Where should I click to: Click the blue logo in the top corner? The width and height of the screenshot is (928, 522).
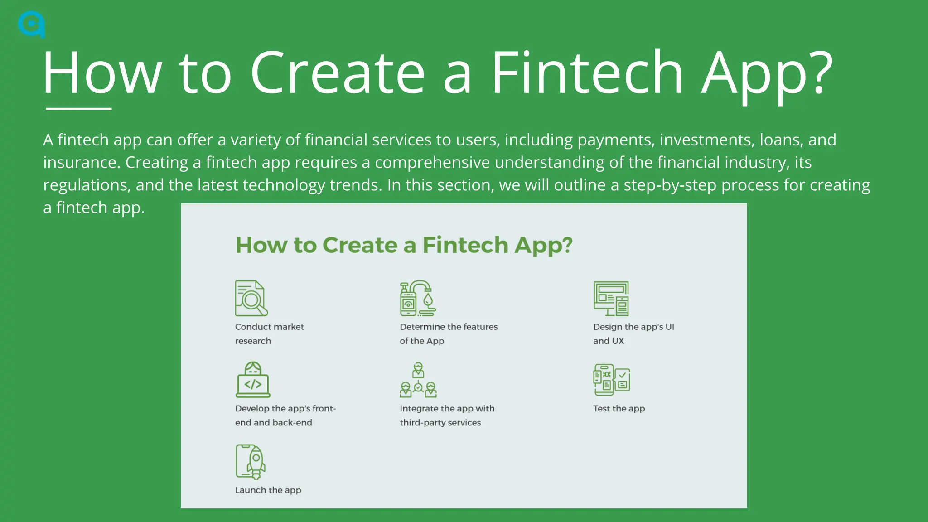click(31, 24)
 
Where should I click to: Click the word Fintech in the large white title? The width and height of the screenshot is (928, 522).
click(587, 73)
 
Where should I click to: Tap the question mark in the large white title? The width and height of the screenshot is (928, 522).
click(819, 73)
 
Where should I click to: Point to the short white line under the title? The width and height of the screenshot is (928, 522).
click(78, 109)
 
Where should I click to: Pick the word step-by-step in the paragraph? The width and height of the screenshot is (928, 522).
click(670, 185)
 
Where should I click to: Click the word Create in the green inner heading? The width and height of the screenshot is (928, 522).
click(361, 245)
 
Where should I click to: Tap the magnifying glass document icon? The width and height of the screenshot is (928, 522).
click(251, 298)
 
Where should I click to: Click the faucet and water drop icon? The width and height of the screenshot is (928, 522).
click(418, 298)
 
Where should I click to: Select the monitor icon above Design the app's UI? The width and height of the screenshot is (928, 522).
click(611, 298)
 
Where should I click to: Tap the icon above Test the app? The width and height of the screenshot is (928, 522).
click(611, 380)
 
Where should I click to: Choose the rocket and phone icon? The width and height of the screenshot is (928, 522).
click(251, 461)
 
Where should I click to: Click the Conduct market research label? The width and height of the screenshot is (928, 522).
click(269, 333)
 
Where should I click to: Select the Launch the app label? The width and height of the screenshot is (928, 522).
click(268, 490)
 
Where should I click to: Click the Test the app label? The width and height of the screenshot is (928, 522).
click(619, 409)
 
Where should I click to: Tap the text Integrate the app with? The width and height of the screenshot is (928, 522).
click(447, 409)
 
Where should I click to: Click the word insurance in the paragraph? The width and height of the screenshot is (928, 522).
click(81, 163)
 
